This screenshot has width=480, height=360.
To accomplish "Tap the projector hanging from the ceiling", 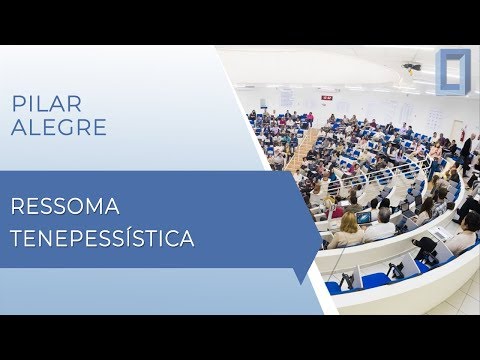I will point(411,67).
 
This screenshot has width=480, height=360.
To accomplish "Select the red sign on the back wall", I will point(326,97).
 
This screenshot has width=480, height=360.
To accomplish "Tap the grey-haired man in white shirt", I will point(381,224).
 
